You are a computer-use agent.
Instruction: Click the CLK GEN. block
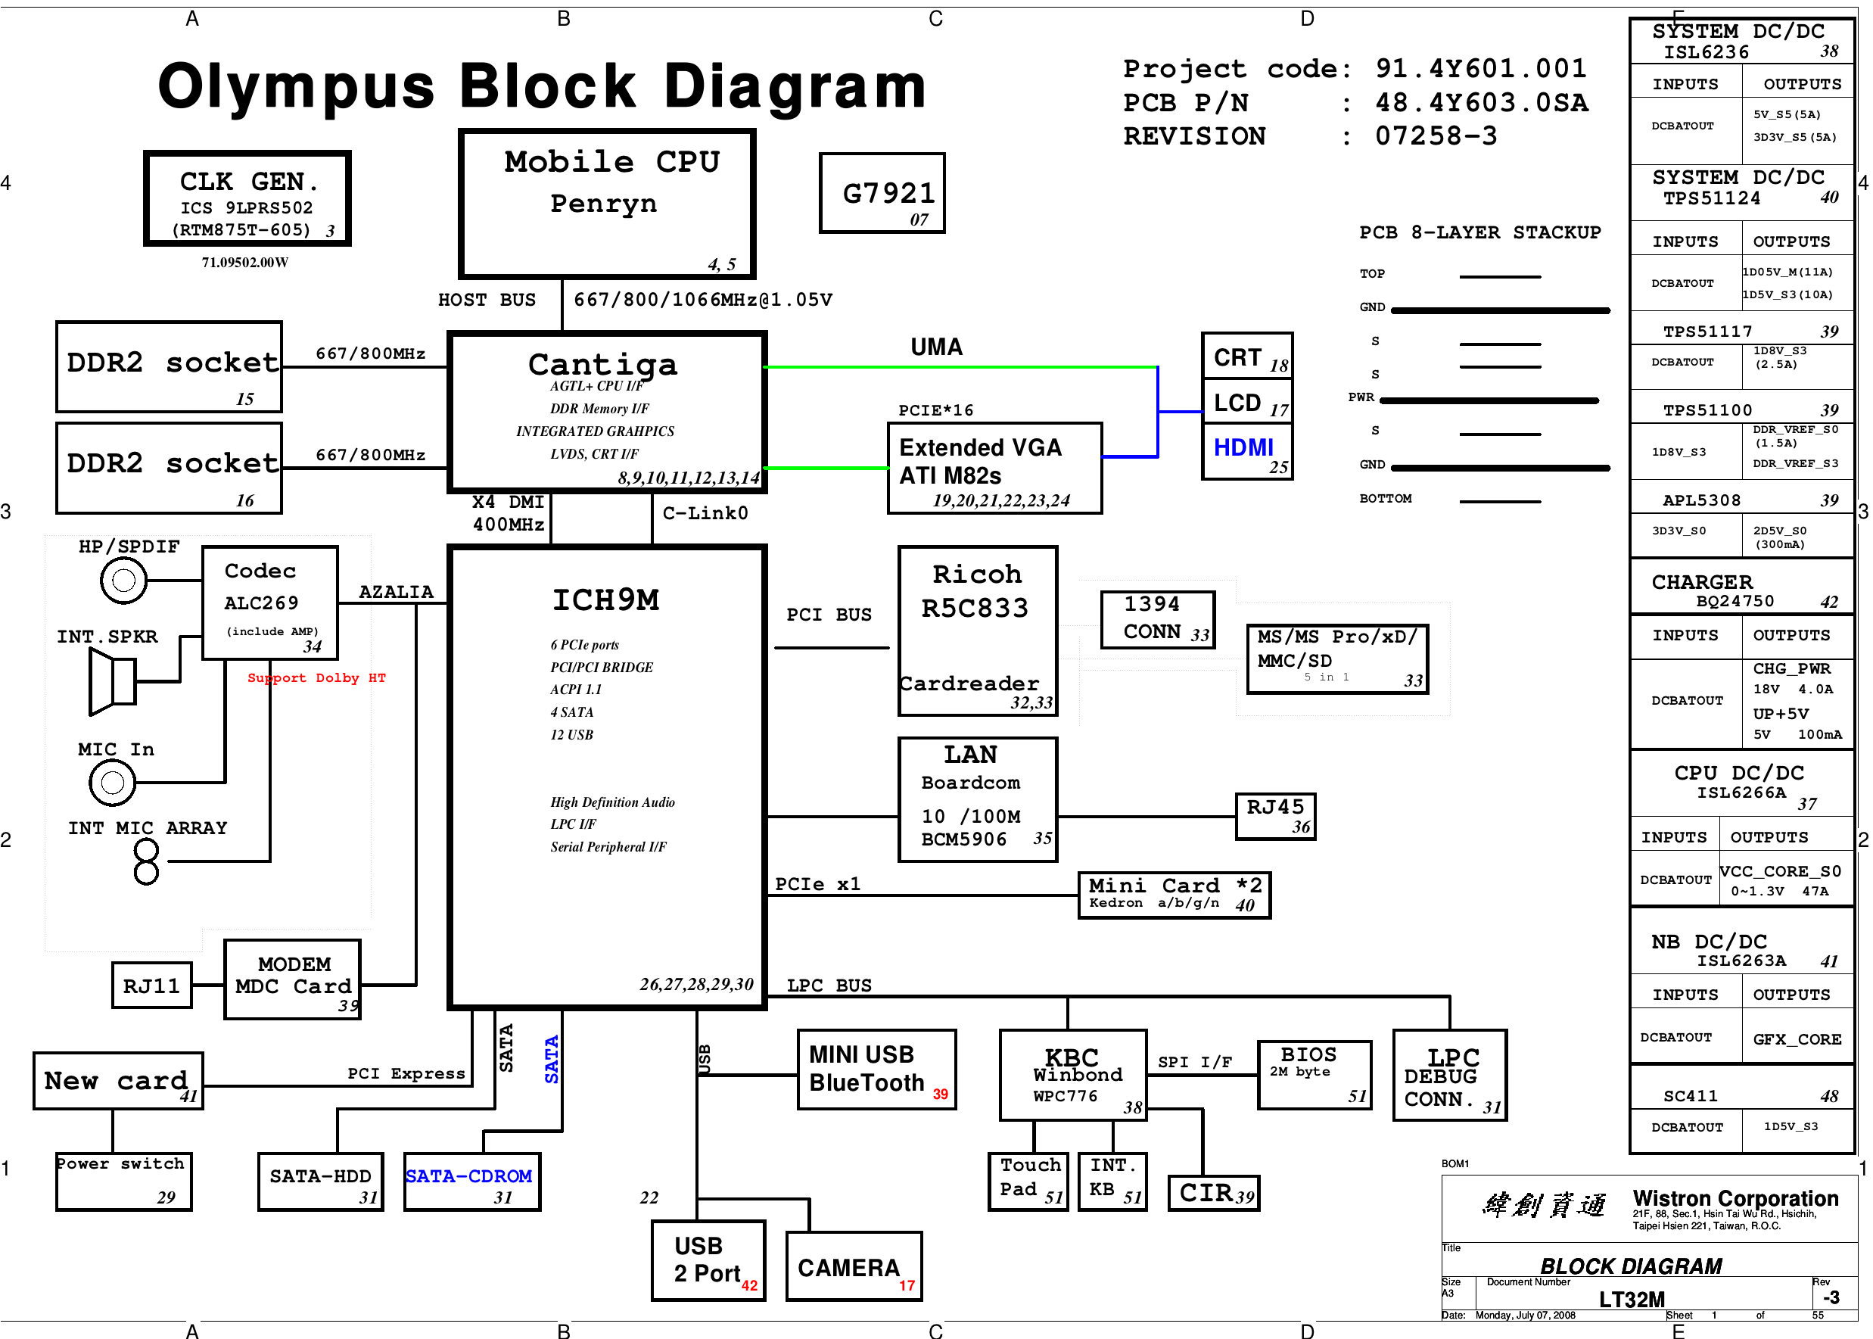(247, 199)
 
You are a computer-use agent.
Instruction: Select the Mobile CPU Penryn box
(607, 204)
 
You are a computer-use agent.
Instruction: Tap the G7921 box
(882, 194)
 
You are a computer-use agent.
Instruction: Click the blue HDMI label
(1243, 447)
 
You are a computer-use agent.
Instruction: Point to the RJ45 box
(1274, 816)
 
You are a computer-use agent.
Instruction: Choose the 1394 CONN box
(1157, 619)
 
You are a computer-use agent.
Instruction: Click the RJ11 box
(151, 986)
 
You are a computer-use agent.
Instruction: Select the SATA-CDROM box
(471, 1182)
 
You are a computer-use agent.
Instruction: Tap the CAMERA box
(853, 1266)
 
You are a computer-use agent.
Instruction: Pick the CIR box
(1214, 1193)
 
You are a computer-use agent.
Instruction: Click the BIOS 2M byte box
(1314, 1074)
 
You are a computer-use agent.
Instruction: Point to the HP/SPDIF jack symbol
(123, 581)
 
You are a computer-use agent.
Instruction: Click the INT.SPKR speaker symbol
(112, 681)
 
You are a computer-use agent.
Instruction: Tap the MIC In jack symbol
(112, 782)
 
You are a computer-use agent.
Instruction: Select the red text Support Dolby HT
(316, 677)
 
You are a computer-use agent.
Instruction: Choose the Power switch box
(123, 1182)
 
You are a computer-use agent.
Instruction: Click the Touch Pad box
(1027, 1182)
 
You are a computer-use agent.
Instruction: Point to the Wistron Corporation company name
(1735, 1198)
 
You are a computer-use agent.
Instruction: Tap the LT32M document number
(1632, 1300)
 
